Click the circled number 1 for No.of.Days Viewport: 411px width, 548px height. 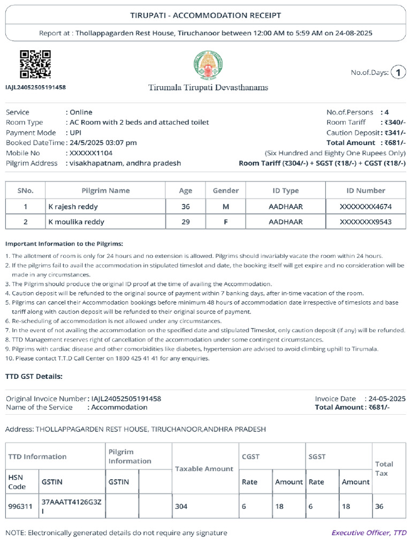coord(398,72)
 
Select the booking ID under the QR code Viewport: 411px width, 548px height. coord(35,87)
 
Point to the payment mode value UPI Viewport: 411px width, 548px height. coord(73,133)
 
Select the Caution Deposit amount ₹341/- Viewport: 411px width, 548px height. coord(394,133)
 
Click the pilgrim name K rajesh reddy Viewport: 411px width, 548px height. coord(73,207)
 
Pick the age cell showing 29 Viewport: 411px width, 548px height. coord(185,222)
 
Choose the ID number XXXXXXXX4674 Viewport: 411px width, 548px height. coord(366,207)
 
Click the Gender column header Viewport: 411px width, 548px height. coord(225,191)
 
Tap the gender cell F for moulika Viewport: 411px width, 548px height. coord(225,222)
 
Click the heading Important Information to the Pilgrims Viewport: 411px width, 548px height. coord(64,243)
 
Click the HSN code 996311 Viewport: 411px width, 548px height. coord(17,506)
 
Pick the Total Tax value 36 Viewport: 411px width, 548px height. coord(379,506)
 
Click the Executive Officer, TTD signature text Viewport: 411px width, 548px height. coord(369,533)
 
